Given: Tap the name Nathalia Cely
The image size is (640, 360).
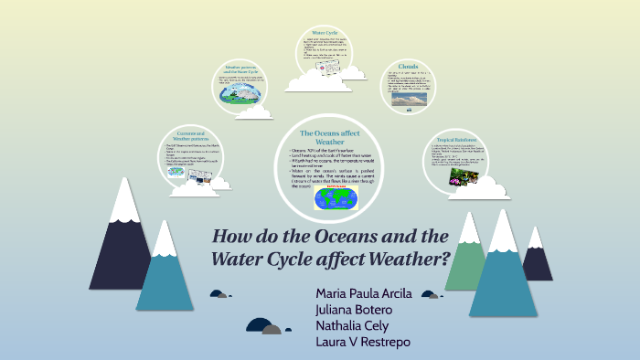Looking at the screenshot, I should pos(352,325).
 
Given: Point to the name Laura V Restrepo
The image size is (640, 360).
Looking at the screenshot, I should pos(361,342).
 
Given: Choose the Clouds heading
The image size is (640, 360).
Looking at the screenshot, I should pos(410,67).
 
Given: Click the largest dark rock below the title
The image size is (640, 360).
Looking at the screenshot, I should pos(259,325).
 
